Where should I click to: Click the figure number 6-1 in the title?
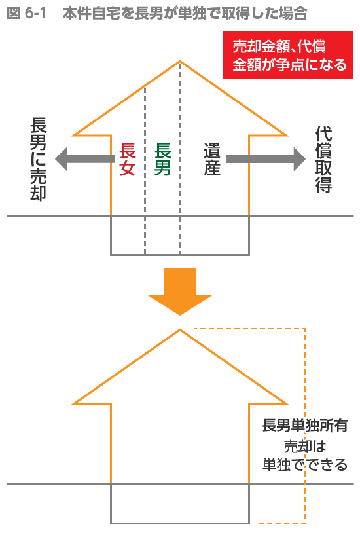(35, 13)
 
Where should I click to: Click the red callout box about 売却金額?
(288, 55)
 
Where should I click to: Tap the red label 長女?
(127, 159)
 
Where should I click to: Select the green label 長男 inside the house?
(162, 159)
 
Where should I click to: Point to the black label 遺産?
(212, 159)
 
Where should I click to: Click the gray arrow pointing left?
(85, 159)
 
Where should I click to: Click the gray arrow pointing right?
(265, 159)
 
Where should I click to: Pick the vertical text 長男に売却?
(38, 159)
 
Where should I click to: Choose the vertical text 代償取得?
(323, 159)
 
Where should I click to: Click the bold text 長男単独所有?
(305, 426)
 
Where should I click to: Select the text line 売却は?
(305, 446)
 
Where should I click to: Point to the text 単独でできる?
(305, 465)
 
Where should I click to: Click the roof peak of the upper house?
(180, 62)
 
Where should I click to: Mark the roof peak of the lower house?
(180, 330)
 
